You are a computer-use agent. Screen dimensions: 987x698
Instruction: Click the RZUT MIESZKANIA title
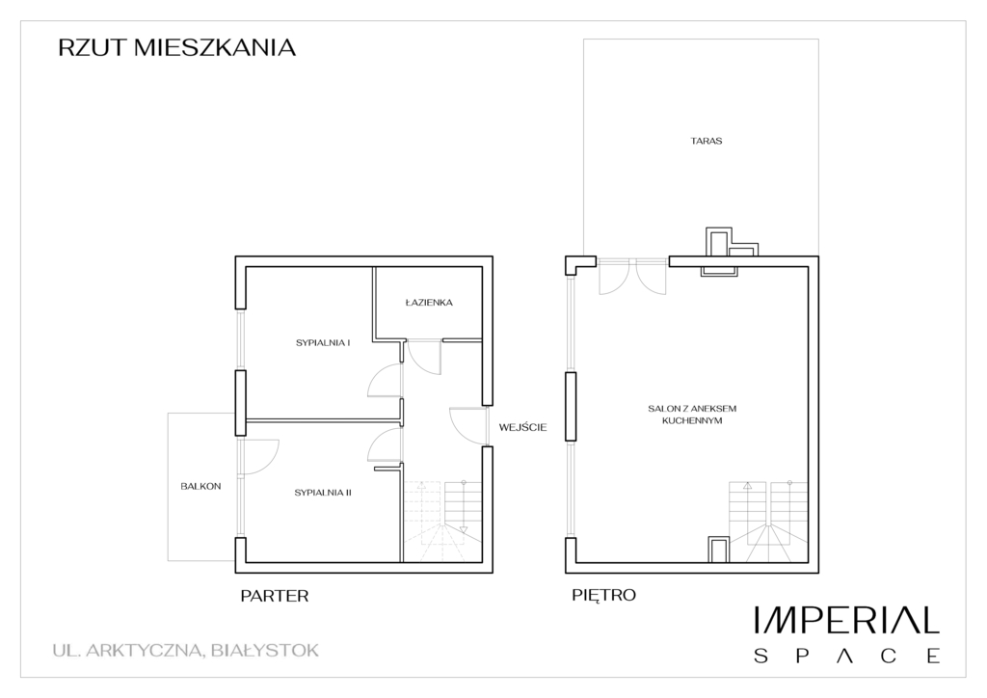coord(177,48)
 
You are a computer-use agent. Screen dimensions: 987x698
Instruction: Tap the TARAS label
coord(707,141)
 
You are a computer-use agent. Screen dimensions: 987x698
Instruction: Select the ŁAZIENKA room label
coord(429,303)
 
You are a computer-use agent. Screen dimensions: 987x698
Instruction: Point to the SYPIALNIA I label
coord(323,343)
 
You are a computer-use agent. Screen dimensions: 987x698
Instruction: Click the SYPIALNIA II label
coord(323,493)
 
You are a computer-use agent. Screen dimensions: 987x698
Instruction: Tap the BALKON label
coord(200,487)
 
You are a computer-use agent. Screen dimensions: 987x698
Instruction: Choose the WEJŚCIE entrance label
coord(523,427)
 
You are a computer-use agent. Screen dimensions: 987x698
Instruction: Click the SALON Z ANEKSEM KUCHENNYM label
coord(692,415)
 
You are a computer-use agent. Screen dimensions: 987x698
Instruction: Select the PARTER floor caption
coord(275,596)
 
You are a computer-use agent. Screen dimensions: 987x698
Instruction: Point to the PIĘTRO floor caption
coord(603,595)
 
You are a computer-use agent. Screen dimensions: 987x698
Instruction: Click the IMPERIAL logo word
coord(846,620)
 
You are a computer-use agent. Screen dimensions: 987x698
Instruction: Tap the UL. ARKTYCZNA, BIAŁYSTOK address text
coord(186,650)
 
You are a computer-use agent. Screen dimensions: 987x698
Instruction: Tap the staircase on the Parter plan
coord(441,522)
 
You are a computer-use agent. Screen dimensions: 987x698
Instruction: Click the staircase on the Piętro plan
coord(768,522)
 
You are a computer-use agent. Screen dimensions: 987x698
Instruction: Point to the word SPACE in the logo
coord(846,656)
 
